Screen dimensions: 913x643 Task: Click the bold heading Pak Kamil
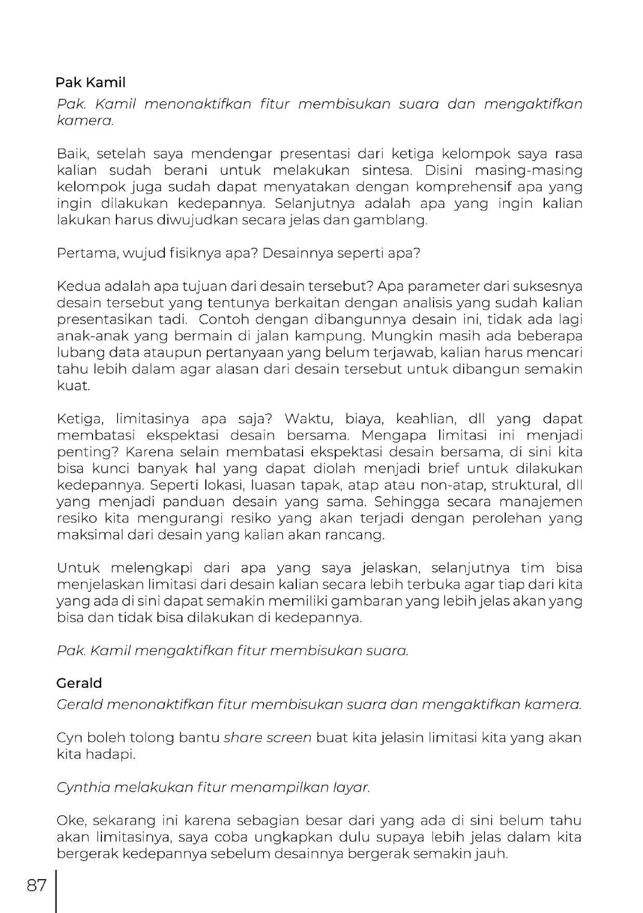(x=90, y=82)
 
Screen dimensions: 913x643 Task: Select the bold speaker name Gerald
(x=79, y=683)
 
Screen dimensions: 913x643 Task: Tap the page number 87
(x=36, y=885)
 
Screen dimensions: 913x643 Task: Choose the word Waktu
(x=305, y=419)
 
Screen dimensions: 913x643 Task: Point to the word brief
(x=443, y=468)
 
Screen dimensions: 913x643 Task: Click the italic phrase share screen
(x=267, y=737)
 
